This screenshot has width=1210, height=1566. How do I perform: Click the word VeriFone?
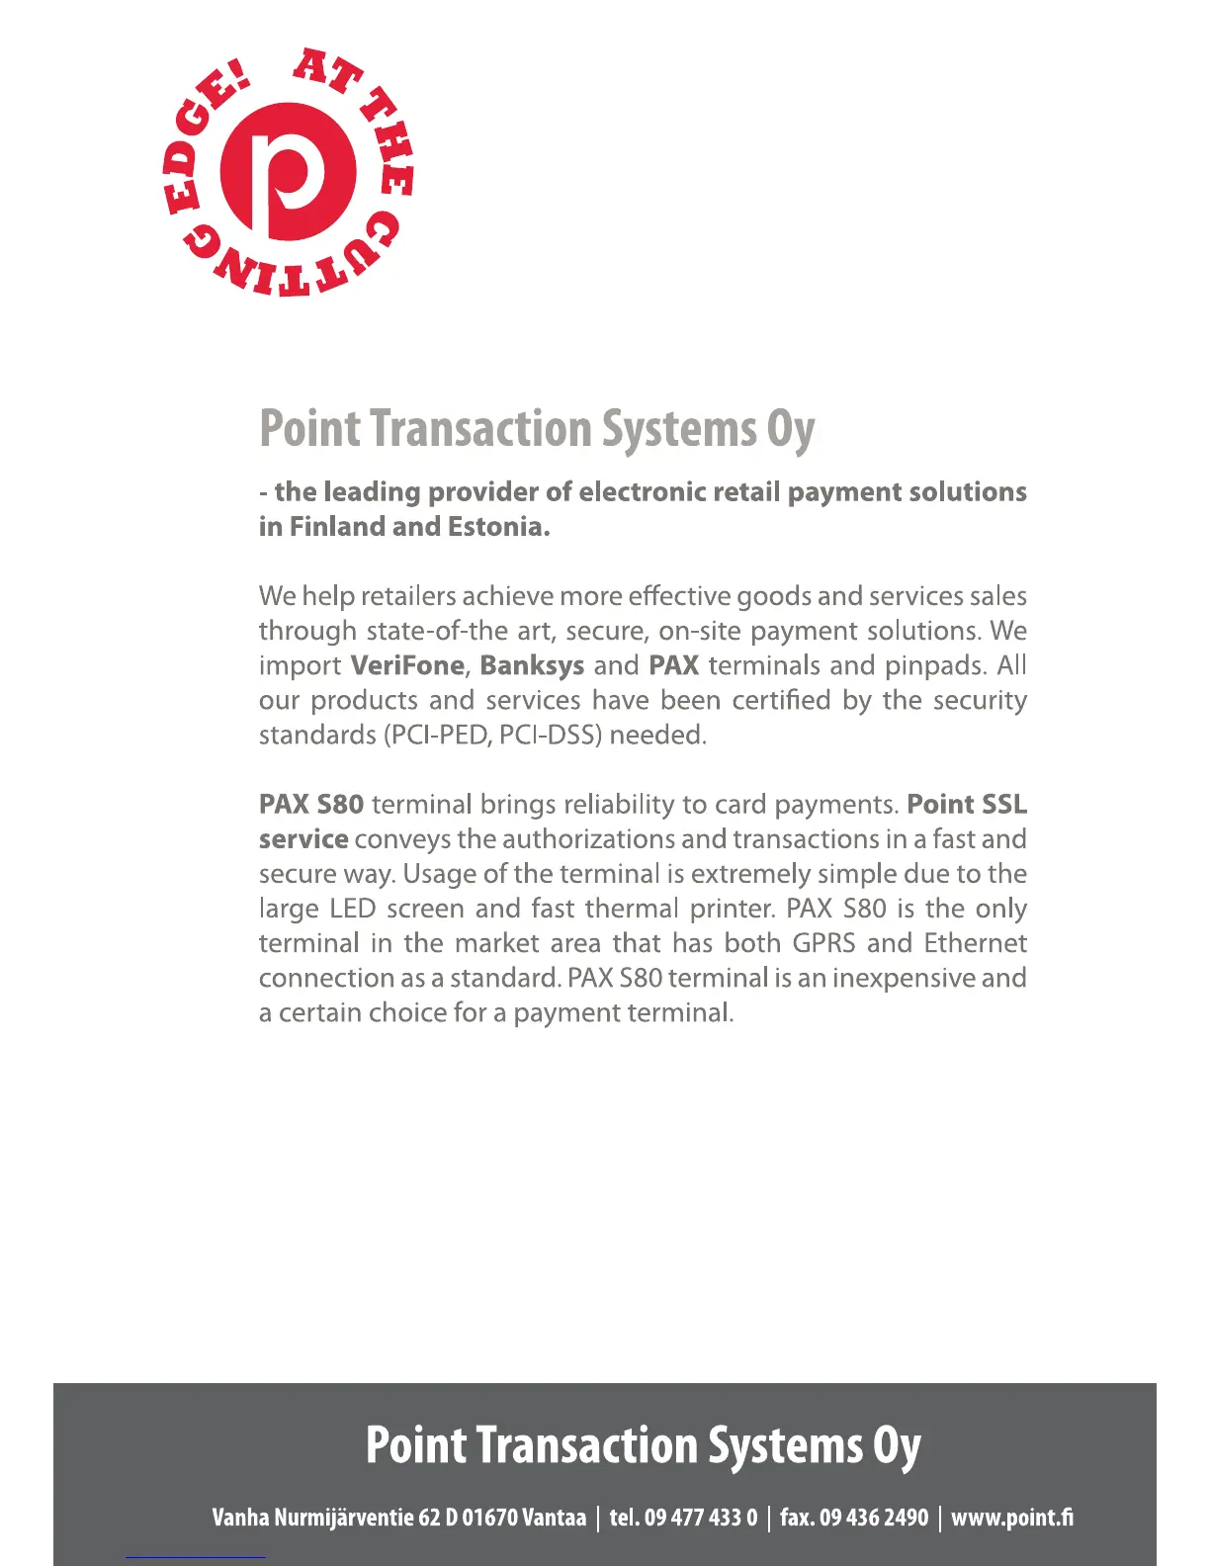pos(407,665)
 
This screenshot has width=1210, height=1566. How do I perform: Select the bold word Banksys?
pos(532,665)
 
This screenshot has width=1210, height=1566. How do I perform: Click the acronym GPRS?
pos(823,943)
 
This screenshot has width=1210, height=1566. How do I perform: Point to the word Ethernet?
pos(975,943)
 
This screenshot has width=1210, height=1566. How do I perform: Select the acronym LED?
pos(353,909)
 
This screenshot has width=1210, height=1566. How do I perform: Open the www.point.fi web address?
pos(1011,1518)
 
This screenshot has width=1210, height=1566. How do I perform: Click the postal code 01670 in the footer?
pos(489,1518)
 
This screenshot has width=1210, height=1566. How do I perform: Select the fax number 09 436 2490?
pos(874,1518)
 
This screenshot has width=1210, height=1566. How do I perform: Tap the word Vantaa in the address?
pos(554,1518)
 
